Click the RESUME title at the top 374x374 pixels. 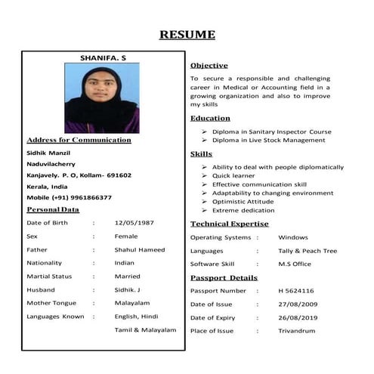187,35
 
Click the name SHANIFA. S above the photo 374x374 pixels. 103,58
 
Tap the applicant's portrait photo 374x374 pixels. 102,97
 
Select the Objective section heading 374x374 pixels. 209,66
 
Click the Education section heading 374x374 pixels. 210,119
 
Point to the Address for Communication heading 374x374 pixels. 79,140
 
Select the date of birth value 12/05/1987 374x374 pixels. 134,223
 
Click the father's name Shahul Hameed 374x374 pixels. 140,249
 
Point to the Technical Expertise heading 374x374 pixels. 229,224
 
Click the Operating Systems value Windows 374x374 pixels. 293,237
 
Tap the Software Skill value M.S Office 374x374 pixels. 295,264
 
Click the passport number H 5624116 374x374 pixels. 296,290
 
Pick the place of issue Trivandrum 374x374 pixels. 296,330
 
